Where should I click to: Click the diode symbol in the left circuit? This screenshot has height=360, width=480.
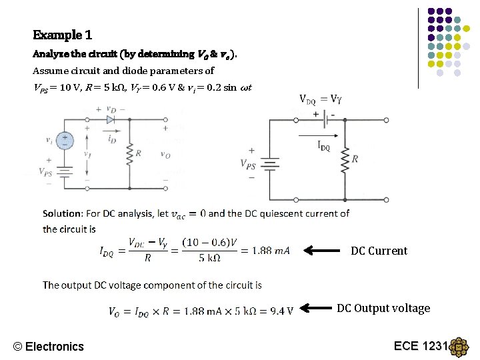(x=111, y=119)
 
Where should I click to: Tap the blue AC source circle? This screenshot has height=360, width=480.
(x=65, y=141)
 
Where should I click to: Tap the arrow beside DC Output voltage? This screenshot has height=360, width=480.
(x=316, y=308)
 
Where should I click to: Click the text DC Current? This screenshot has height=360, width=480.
(x=379, y=251)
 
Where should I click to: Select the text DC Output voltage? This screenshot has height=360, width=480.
(x=383, y=308)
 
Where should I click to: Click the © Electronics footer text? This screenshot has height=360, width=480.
(x=49, y=346)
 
